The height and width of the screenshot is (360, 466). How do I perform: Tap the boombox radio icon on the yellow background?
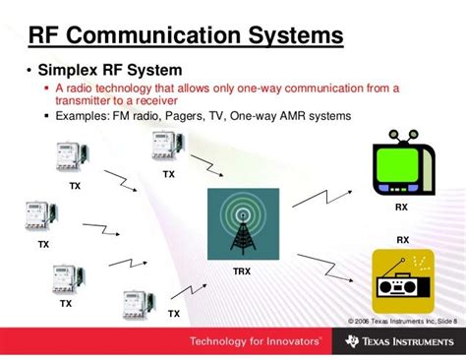[402, 275]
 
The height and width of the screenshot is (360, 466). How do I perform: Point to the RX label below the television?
[402, 208]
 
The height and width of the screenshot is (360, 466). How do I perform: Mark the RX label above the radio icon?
[402, 240]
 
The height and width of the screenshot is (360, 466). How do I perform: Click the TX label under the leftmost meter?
[42, 244]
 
